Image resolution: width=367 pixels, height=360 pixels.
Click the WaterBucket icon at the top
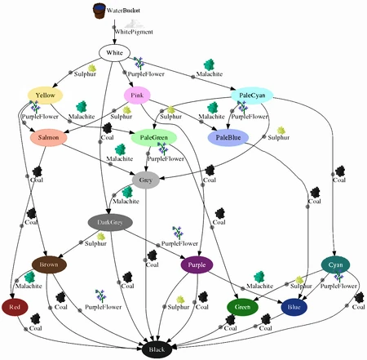click(x=99, y=11)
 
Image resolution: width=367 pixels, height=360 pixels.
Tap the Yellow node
click(x=45, y=96)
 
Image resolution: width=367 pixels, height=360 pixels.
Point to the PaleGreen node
click(x=153, y=138)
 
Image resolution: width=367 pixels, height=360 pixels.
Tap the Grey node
click(x=145, y=180)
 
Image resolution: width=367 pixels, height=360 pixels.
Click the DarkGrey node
click(x=110, y=222)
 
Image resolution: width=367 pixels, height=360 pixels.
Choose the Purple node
click(x=196, y=264)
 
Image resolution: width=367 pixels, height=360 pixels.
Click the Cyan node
click(x=335, y=264)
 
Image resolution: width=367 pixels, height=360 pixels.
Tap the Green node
click(x=242, y=307)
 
